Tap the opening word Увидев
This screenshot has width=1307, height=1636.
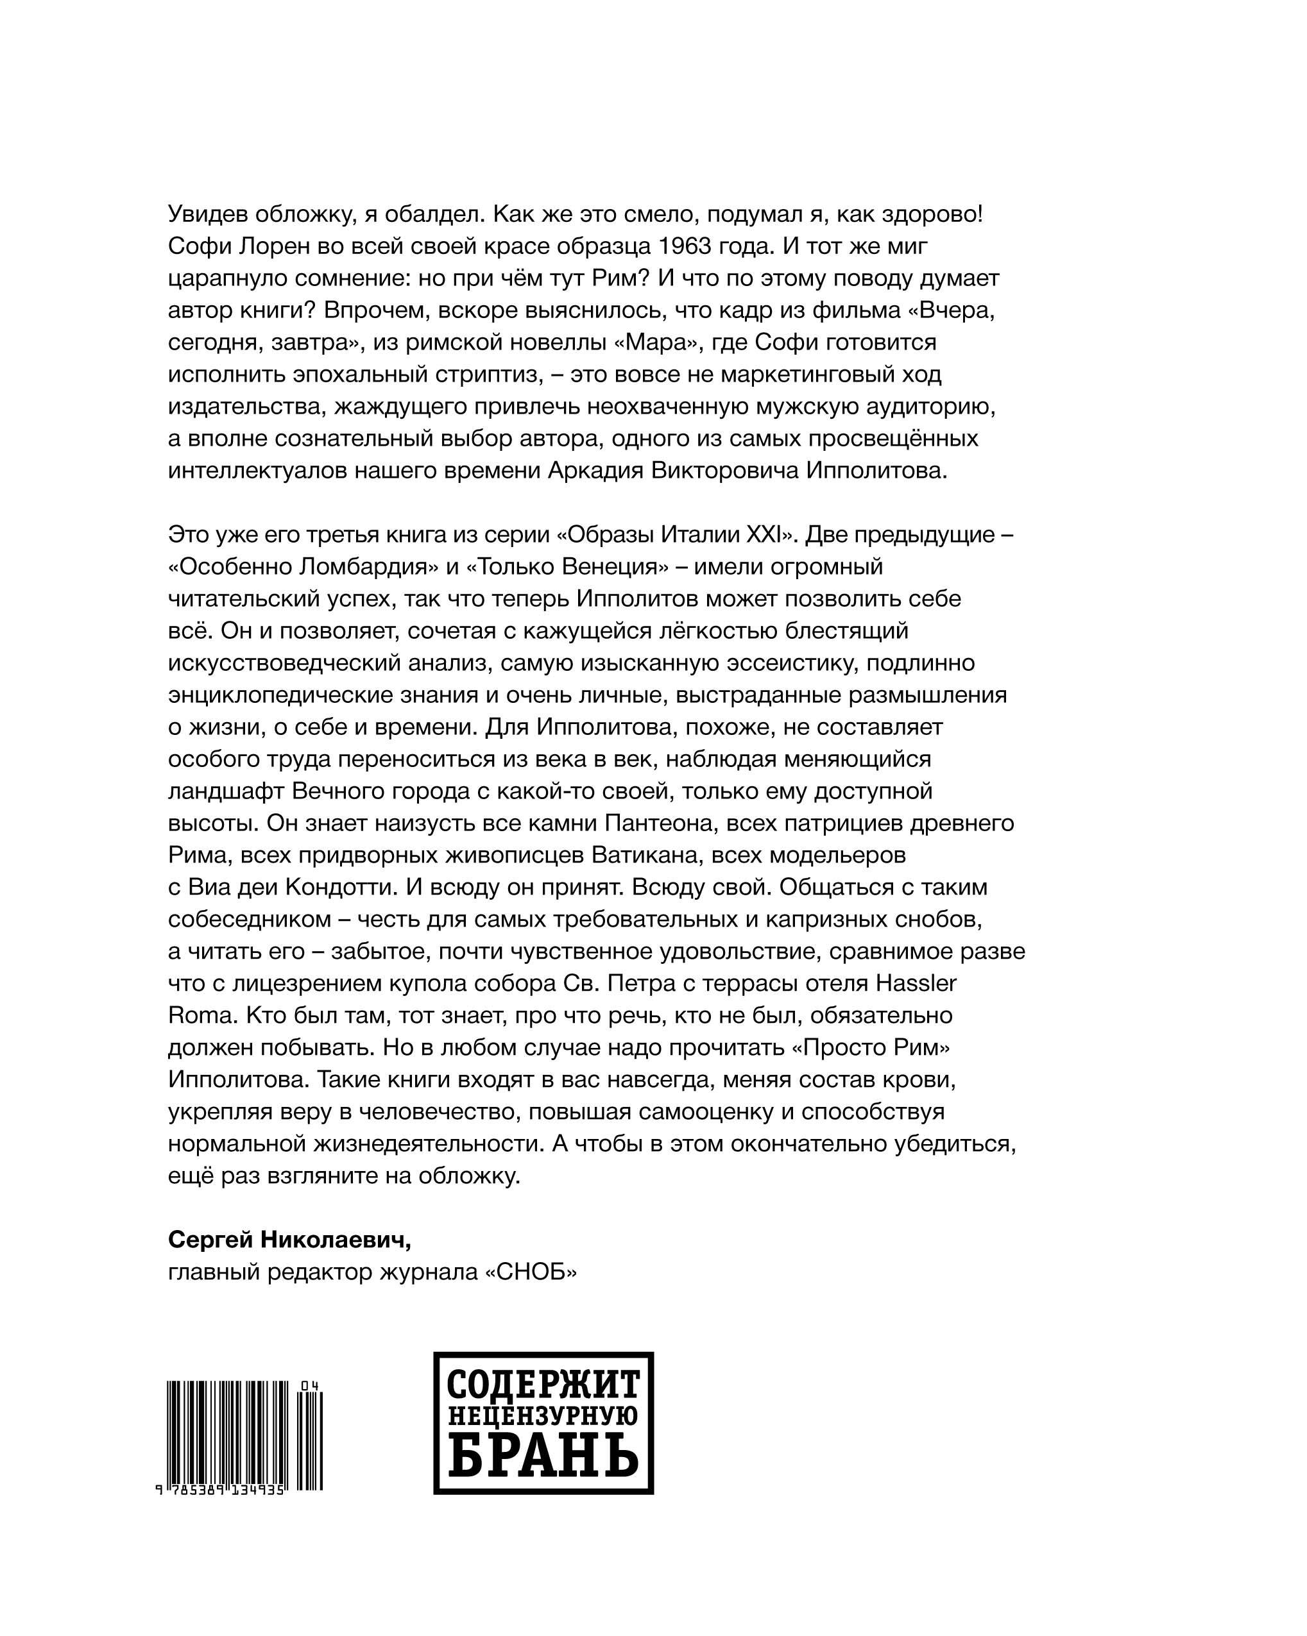pos(207,215)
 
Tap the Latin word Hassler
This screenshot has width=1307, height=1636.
pos(916,983)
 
